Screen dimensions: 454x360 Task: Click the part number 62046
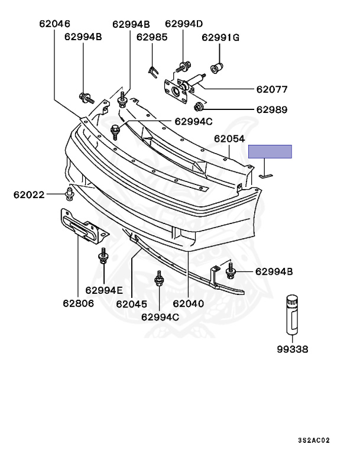tap(55, 24)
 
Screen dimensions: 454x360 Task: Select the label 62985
tap(152, 37)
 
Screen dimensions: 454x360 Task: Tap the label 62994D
tap(184, 24)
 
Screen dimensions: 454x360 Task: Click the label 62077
tap(271, 90)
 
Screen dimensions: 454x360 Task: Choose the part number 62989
tap(271, 109)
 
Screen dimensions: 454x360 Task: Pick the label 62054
tap(229, 138)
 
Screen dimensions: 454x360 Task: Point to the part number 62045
tap(131, 304)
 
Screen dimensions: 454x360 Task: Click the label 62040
tap(188, 304)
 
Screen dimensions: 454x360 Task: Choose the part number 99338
tap(292, 349)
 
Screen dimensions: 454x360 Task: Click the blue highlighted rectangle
tap(270, 151)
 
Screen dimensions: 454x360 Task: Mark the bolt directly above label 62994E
tap(103, 258)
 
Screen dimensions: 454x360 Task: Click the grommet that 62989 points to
tap(200, 107)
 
